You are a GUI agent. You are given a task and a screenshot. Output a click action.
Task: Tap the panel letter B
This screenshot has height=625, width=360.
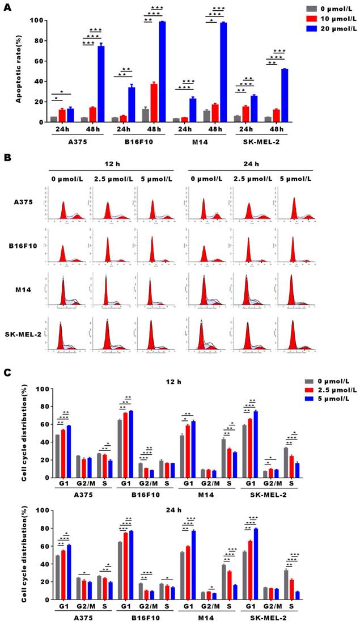click(x=7, y=158)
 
